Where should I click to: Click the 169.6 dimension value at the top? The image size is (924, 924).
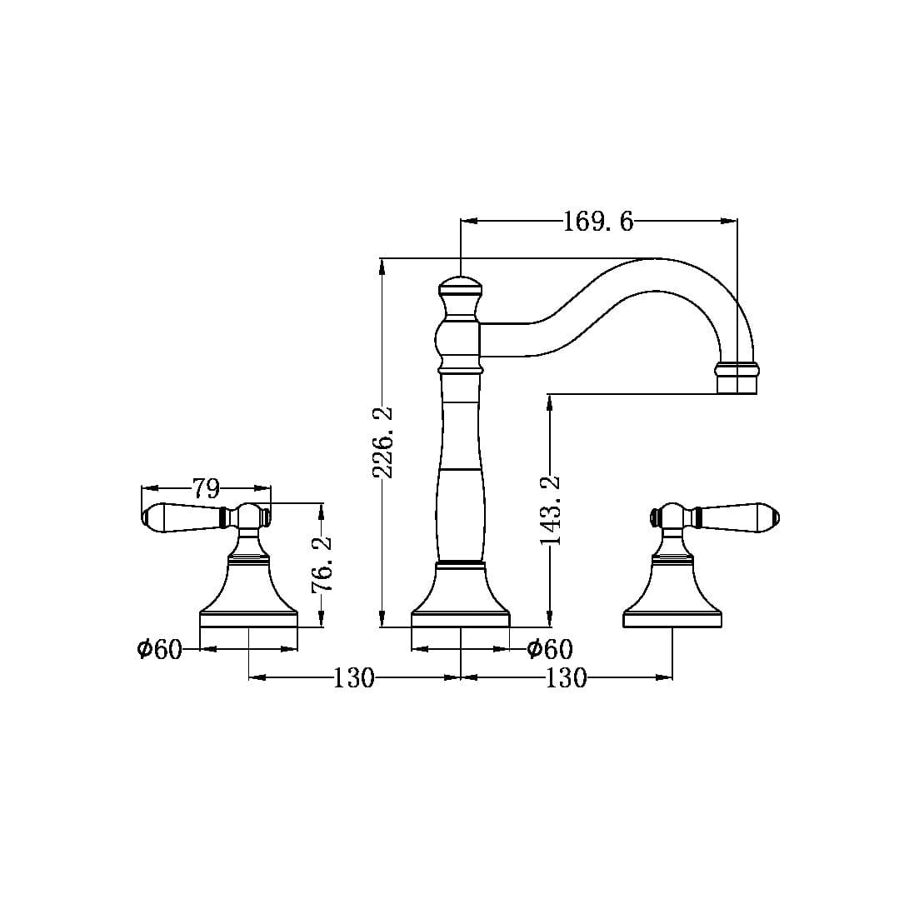point(598,222)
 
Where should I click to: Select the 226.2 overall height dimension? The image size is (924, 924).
point(383,442)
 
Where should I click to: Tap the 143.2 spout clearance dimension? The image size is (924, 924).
point(551,510)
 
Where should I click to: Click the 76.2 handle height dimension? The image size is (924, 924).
point(322,564)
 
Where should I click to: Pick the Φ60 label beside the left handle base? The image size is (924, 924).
point(159,649)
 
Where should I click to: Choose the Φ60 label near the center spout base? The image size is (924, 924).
point(550,649)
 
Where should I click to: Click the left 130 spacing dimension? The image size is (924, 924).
point(354,678)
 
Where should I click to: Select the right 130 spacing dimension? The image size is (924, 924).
point(567,678)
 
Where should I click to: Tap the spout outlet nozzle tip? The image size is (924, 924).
point(737,378)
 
